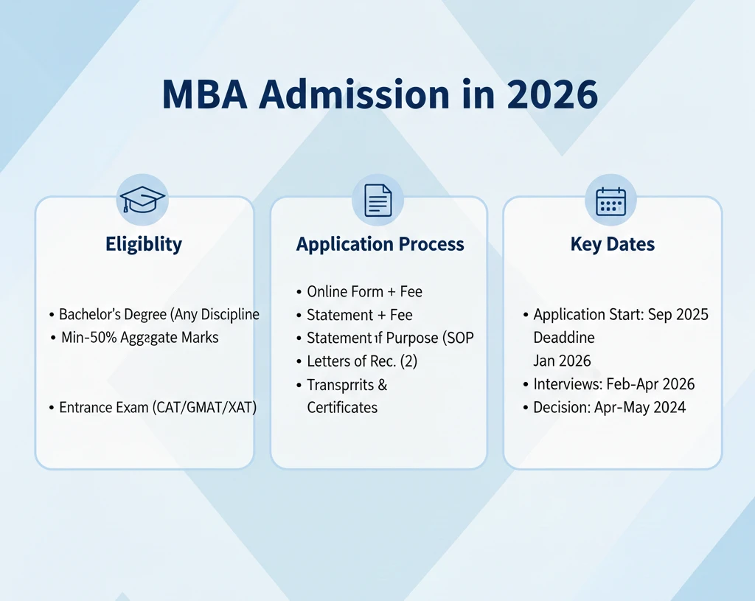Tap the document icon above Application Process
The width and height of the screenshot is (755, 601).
click(x=378, y=199)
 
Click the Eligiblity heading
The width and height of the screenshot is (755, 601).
click(x=144, y=244)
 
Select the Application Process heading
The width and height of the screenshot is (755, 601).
click(x=380, y=245)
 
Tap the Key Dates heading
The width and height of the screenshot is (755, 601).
click(x=612, y=245)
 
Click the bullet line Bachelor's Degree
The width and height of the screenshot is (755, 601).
click(x=159, y=314)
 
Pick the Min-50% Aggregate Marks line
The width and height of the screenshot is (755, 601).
click(x=139, y=338)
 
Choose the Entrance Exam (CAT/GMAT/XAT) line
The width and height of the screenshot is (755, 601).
click(x=157, y=407)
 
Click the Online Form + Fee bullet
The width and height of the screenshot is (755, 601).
click(x=364, y=291)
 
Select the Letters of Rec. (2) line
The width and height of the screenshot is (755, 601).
click(x=361, y=361)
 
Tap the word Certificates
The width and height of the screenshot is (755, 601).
click(x=342, y=408)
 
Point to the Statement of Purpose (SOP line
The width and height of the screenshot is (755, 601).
click(x=389, y=338)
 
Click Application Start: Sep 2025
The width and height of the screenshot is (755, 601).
click(x=620, y=314)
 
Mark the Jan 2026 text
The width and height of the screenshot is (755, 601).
click(x=562, y=361)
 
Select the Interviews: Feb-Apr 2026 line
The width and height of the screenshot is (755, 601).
click(x=613, y=384)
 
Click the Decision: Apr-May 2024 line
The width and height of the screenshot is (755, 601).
click(x=609, y=407)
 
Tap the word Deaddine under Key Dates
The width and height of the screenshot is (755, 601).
click(x=564, y=338)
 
